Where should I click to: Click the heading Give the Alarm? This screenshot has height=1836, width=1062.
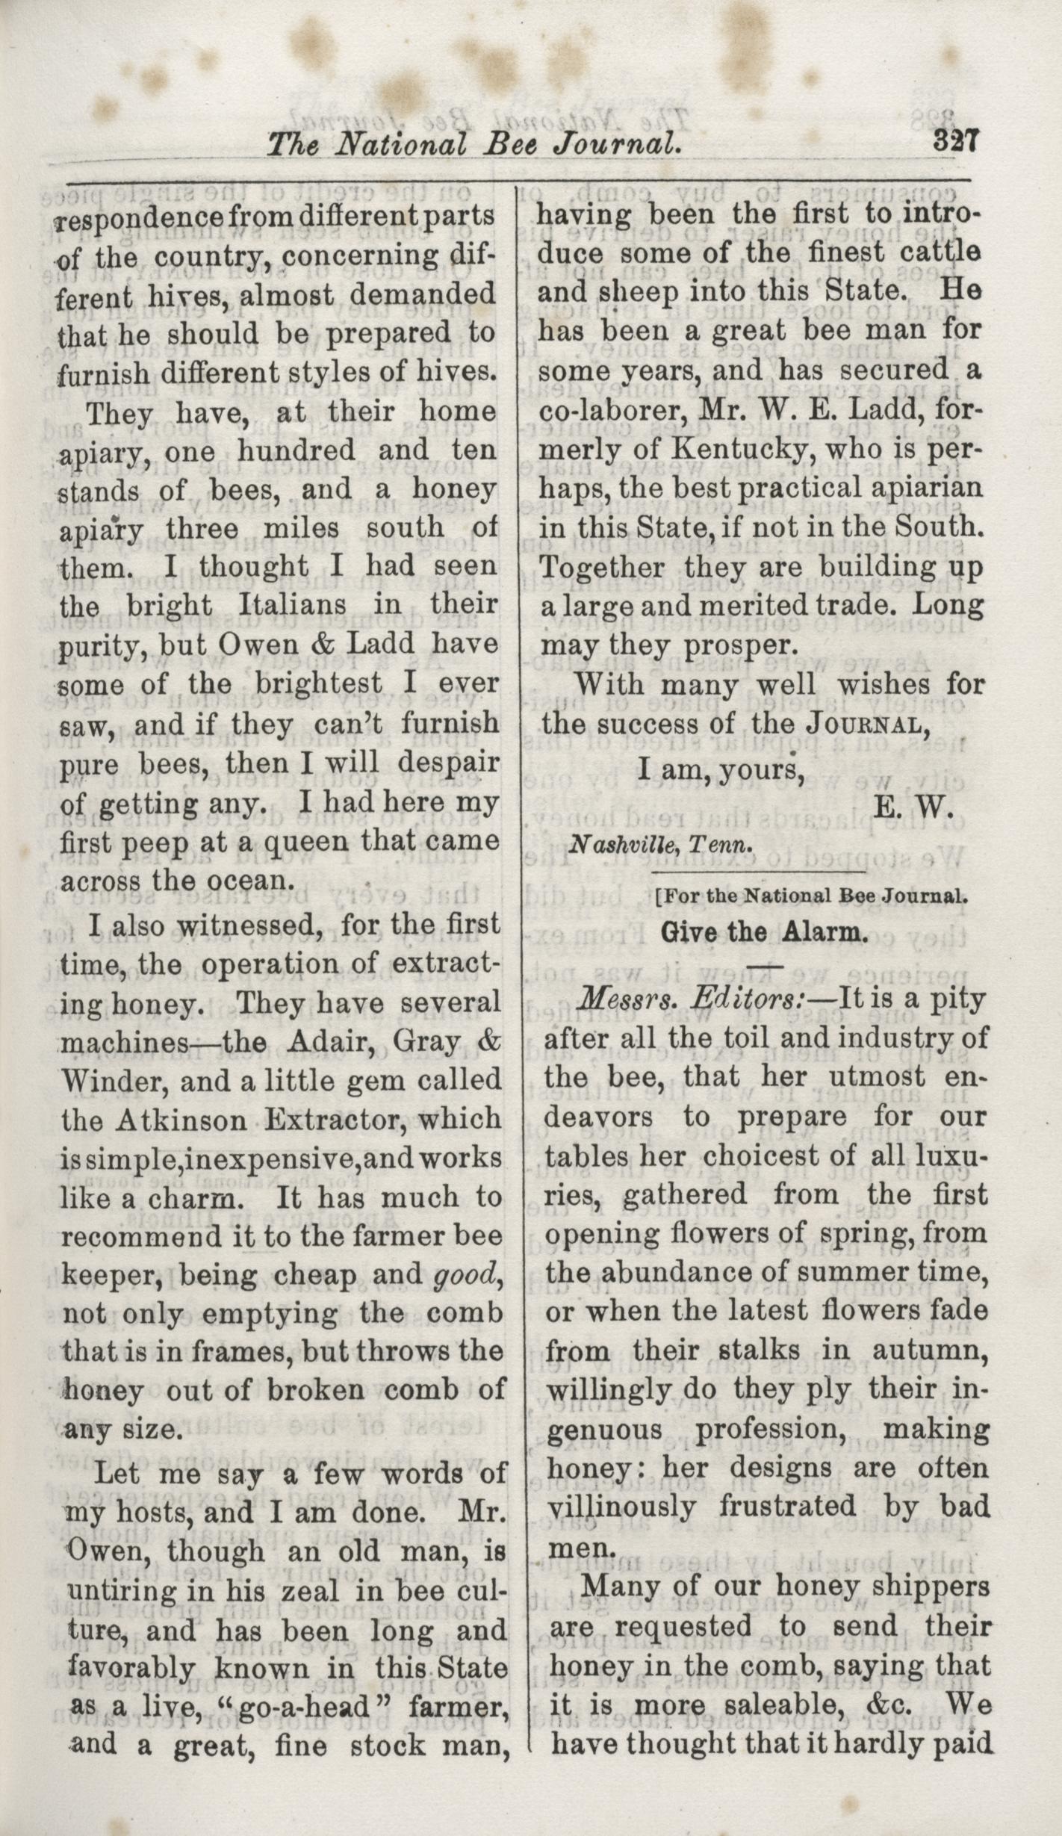point(764,933)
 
